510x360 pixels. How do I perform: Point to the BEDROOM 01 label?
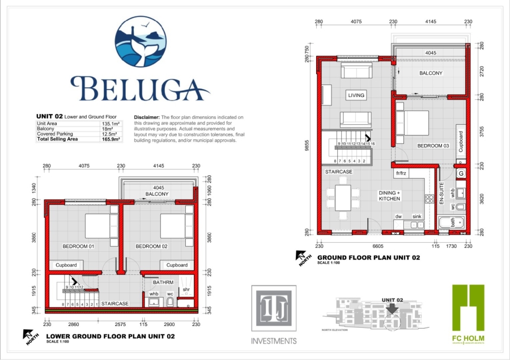click(x=78, y=247)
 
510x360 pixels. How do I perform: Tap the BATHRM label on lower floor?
click(x=154, y=281)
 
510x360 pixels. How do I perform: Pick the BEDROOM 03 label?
click(x=433, y=146)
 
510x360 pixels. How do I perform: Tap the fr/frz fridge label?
click(x=402, y=173)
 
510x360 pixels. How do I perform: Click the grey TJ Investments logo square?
click(x=274, y=310)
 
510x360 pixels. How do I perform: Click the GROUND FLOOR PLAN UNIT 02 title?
click(x=368, y=257)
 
